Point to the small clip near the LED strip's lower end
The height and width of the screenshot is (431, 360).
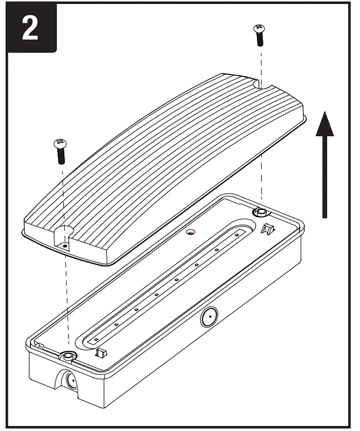tap(101, 352)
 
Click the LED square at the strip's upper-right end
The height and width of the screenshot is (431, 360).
tap(237, 235)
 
